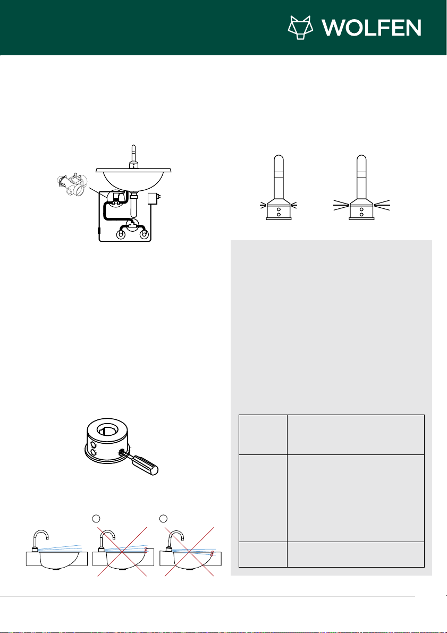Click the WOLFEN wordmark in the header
[x=372, y=28]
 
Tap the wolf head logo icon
[x=300, y=28]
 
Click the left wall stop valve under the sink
[x=121, y=234]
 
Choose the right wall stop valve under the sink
[x=143, y=234]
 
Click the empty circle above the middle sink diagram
[x=96, y=518]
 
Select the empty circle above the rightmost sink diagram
[x=164, y=518]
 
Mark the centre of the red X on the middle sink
[x=122, y=551]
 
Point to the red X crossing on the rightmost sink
[x=189, y=551]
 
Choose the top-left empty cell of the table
[x=263, y=435]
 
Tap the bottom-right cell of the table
[x=356, y=554]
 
